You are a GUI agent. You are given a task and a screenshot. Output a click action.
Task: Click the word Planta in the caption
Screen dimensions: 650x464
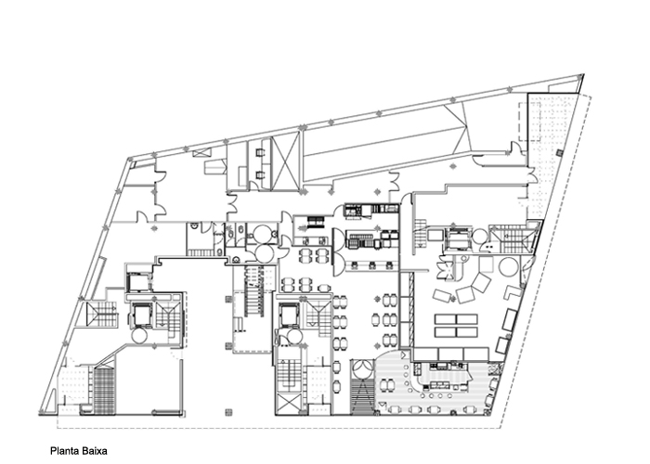64,451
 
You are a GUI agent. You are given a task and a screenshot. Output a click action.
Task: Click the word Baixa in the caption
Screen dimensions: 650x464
94,451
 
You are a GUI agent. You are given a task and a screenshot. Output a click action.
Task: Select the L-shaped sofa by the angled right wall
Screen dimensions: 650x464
513,291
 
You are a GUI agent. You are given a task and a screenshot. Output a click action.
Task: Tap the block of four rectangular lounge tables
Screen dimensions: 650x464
456,326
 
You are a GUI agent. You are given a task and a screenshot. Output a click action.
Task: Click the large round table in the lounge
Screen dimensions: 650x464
509,267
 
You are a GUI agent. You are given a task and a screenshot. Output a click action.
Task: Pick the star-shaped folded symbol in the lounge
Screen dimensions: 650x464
446,267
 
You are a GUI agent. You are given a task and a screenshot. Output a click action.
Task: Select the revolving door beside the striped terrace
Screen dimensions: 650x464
363,369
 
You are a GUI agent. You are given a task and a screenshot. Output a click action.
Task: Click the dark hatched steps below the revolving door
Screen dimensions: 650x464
363,397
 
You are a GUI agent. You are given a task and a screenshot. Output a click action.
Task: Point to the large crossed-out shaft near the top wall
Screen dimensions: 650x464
285,161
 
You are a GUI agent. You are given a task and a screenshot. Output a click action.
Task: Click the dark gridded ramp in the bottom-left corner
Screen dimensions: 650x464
104,391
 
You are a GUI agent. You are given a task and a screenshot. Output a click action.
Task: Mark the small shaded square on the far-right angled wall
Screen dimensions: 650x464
559,153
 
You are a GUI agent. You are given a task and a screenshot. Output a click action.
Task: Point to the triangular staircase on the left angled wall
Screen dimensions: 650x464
100,314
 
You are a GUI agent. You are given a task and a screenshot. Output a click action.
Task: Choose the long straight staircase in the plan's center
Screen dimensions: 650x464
253,291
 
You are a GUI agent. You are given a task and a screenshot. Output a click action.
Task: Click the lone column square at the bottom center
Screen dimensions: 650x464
228,412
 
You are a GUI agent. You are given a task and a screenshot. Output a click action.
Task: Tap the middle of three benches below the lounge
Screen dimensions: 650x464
450,354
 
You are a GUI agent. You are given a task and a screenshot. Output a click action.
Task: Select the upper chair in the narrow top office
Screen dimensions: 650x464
260,153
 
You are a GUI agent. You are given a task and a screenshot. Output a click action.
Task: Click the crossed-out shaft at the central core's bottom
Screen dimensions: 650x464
288,404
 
